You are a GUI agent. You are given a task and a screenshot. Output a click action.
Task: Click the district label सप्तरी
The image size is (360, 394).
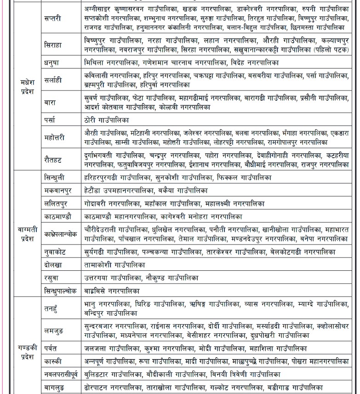[53, 18]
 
